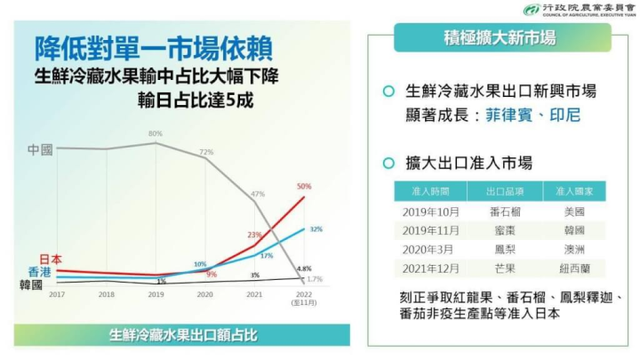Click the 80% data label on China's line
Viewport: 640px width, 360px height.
pos(155,133)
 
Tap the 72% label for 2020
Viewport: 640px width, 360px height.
pos(206,152)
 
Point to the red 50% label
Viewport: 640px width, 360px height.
pos(304,187)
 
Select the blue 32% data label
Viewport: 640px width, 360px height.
pos(316,229)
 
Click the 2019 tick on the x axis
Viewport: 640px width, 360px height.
pos(156,294)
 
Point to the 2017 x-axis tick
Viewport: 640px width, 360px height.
pos(57,294)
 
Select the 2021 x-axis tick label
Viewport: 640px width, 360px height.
pos(254,294)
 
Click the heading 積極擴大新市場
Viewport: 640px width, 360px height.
pos(500,38)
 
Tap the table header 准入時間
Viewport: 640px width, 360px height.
pos(426,191)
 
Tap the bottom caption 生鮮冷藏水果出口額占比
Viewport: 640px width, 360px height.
pos(183,335)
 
